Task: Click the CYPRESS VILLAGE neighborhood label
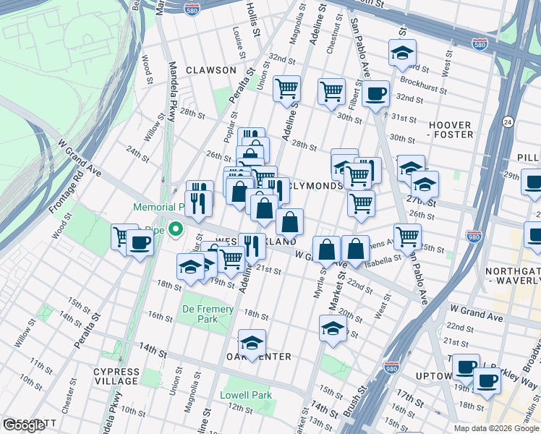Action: click(116, 376)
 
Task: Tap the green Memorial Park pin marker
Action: click(175, 230)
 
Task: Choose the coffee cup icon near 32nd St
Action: click(375, 93)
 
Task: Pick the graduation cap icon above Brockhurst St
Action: click(402, 52)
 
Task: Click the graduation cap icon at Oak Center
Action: click(252, 342)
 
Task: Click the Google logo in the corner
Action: click(23, 425)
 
